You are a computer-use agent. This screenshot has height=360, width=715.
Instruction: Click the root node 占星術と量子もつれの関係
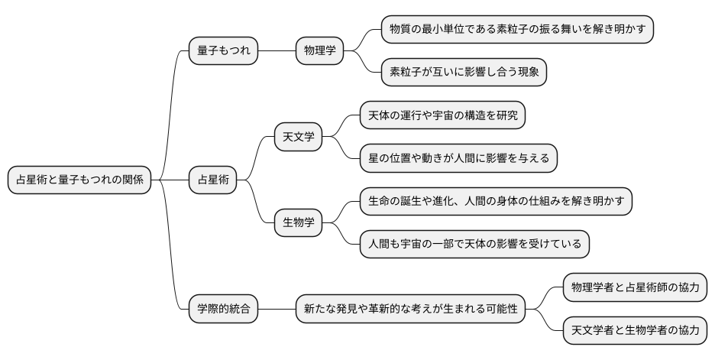(79, 180)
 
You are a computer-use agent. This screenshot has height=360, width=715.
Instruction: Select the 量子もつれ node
(223, 51)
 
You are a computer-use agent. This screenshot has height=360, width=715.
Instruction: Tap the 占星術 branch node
(213, 180)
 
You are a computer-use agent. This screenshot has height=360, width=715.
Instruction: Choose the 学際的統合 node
(223, 310)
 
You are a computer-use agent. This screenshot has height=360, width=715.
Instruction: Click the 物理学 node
(320, 51)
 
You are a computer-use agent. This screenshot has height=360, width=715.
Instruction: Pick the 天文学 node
(299, 138)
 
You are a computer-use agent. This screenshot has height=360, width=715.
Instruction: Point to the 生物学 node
(299, 223)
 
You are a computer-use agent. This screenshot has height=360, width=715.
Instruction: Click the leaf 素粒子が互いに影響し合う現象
(464, 73)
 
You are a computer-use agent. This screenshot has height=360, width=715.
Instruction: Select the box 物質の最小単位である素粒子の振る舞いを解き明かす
(517, 29)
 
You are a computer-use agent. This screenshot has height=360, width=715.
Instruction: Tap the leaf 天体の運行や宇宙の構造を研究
(443, 116)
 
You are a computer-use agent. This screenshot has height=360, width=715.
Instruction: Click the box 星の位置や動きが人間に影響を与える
(458, 159)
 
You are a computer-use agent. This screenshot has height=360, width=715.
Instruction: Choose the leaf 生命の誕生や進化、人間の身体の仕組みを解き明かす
(496, 202)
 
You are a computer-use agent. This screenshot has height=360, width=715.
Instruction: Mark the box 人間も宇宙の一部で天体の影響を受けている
(474, 245)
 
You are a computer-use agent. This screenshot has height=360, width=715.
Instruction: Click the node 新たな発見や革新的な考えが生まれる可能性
(410, 310)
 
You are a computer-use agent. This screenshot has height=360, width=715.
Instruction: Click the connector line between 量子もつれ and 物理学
(277, 51)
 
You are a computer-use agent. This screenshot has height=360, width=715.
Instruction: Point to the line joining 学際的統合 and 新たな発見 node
(277, 310)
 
